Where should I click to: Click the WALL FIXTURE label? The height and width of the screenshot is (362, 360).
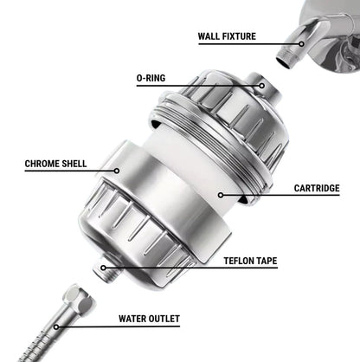227,36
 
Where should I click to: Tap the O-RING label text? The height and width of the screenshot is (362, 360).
151,78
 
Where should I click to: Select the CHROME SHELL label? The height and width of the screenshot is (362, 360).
55,164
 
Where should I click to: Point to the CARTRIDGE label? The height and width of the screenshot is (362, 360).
317,188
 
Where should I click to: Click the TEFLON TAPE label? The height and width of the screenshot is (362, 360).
250,261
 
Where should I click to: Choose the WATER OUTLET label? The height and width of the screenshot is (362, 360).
149,319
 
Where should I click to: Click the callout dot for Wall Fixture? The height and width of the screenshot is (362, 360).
301,44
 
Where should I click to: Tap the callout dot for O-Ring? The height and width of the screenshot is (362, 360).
261,86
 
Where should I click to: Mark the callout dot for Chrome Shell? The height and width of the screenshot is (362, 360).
117,171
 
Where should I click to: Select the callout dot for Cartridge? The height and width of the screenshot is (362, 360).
221,196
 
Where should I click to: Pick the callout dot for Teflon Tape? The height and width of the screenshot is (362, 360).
103,268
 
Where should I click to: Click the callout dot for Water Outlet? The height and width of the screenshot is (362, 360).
56,327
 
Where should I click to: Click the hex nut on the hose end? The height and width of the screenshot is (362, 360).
79,298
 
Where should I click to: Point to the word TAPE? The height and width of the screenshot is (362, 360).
266,261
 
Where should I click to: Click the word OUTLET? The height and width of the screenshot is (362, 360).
164,319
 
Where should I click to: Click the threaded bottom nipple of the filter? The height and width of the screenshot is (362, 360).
106,269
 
